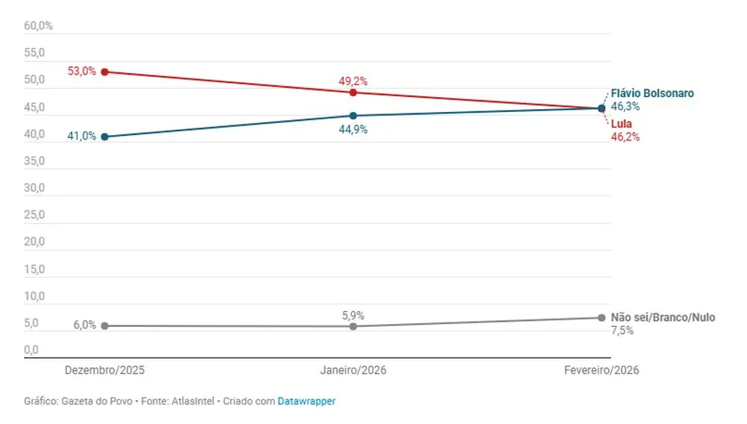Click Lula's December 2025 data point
tap(105, 72)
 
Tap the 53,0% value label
tap(81, 72)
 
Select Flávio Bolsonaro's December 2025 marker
tap(105, 137)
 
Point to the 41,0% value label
tap(81, 137)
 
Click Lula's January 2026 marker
tap(353, 93)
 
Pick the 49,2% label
tap(353, 81)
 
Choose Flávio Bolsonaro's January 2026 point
tap(353, 116)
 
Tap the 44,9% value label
tap(353, 129)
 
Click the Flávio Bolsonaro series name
tap(652, 93)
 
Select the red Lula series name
tap(622, 124)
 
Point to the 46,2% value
tap(625, 137)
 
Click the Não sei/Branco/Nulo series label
tap(663, 317)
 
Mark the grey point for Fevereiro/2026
tap(601, 318)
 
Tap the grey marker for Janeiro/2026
tap(353, 326)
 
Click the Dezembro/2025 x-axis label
tap(105, 370)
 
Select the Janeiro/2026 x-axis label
tap(353, 370)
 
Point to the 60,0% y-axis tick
tap(38, 25)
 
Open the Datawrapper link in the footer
tap(306, 401)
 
